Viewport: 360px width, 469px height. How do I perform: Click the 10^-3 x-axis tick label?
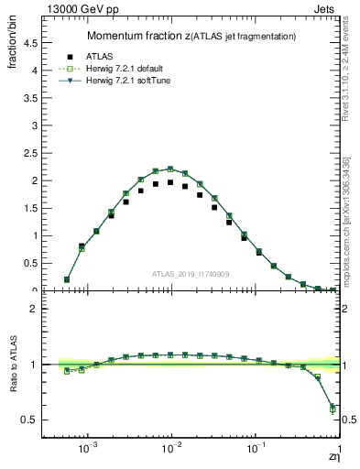click(x=88, y=451)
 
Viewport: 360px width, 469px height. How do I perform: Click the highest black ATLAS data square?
click(x=170, y=182)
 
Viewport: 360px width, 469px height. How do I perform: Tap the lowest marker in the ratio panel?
click(x=333, y=409)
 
